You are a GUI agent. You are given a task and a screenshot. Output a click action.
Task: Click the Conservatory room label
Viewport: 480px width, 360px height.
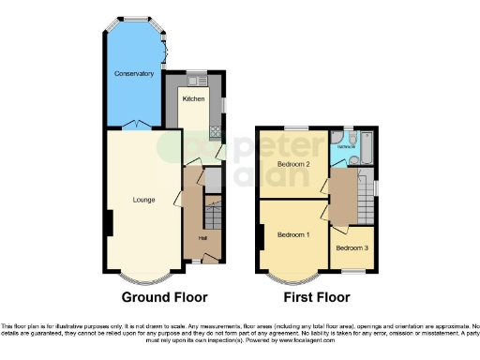(133, 73)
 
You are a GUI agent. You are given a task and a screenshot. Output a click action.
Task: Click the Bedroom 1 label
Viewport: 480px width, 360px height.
(292, 235)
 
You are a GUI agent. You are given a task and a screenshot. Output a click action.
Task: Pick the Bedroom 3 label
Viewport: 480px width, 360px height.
(352, 247)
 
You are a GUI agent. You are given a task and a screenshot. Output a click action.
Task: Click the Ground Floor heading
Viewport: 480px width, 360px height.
(164, 297)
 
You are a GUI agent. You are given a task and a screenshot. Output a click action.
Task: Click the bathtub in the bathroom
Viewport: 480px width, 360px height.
(366, 148)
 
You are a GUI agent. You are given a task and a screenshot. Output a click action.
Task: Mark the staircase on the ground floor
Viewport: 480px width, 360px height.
(214, 219)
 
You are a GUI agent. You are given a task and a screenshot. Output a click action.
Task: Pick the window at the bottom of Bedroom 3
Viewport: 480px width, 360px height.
(352, 269)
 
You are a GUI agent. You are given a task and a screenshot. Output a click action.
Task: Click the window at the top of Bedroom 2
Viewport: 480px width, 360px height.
(296, 127)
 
